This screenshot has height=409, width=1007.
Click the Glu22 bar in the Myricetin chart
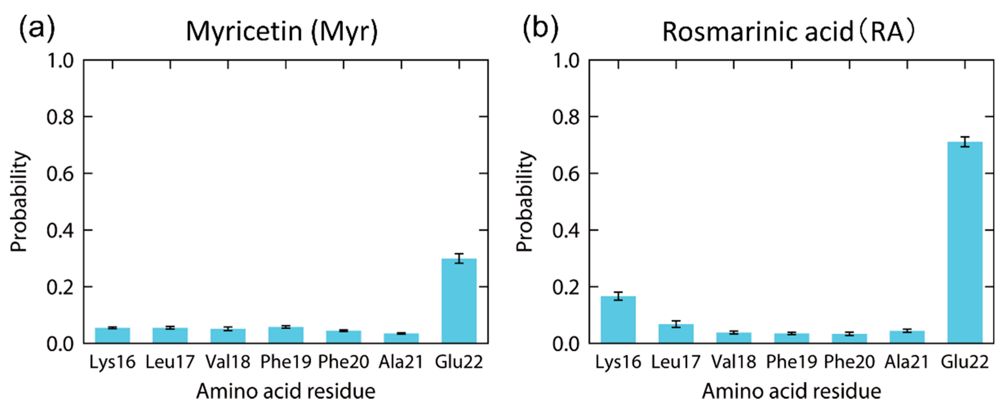(x=459, y=301)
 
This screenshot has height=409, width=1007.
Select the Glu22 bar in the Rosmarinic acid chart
(x=965, y=242)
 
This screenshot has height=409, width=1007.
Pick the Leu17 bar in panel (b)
(x=676, y=334)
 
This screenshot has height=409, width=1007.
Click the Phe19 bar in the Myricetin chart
(x=286, y=335)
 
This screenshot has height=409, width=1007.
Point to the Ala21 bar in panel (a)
(x=401, y=338)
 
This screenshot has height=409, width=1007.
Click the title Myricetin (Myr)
(x=282, y=31)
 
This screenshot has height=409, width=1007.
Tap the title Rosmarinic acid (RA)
(x=788, y=31)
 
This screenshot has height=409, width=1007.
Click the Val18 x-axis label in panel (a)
(x=228, y=362)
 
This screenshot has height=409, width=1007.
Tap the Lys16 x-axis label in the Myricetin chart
(x=112, y=362)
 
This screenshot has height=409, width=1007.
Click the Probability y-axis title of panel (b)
(x=525, y=201)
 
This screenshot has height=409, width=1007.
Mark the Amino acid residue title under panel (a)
(x=286, y=391)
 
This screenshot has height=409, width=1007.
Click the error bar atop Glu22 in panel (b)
(x=965, y=142)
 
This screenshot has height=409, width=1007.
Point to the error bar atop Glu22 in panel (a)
(x=459, y=258)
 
